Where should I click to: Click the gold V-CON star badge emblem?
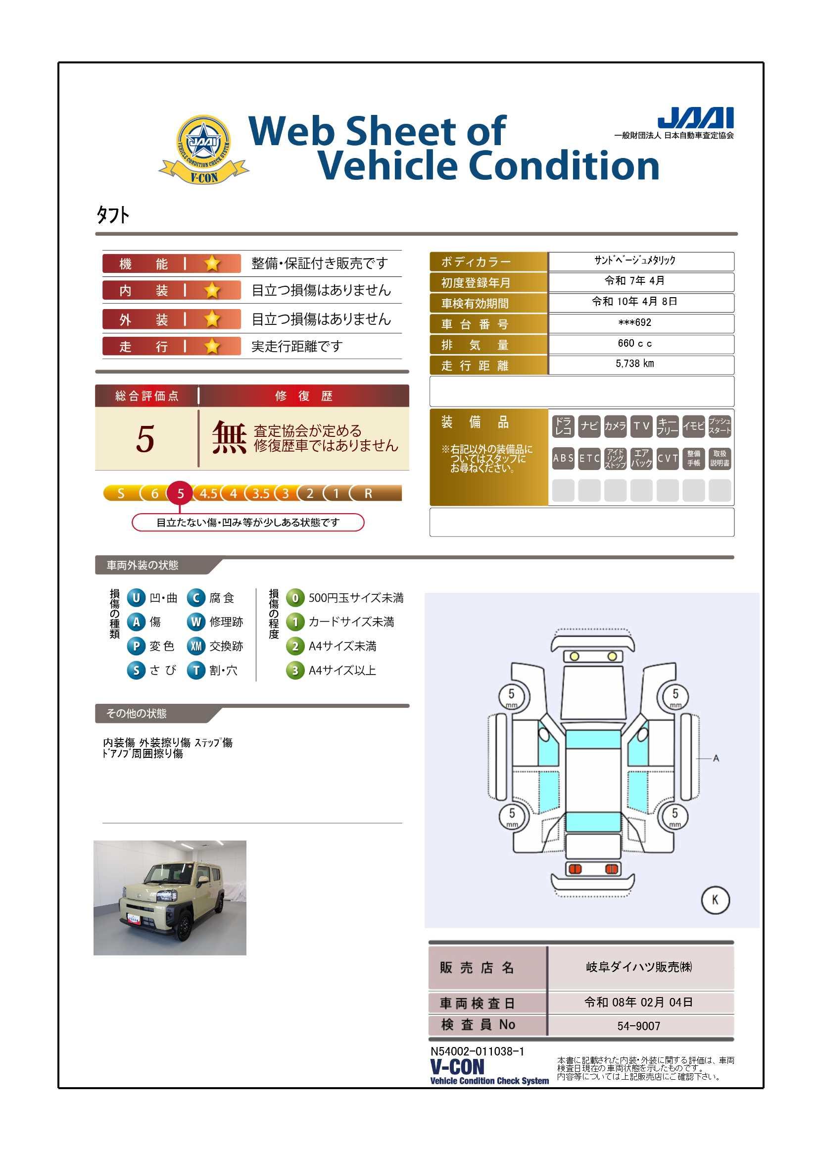pos(203,149)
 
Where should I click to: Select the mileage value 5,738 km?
pos(634,364)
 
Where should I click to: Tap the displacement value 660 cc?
pos(634,343)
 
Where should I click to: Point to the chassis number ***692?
pos(634,323)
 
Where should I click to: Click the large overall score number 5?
pos(145,439)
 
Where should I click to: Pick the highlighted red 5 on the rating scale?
pos(181,493)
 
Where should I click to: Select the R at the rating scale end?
pos(369,494)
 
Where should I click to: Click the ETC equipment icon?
pos(589,459)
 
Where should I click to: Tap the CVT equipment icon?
pos(667,459)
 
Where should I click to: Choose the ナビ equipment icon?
pos(589,426)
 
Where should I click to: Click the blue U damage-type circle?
pos(136,598)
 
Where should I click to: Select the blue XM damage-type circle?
pos(196,646)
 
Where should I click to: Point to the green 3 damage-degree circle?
pos(295,671)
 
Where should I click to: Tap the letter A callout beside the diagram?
pos(716,758)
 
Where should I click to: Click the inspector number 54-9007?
pos(638,1026)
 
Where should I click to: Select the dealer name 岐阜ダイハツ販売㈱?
pos(638,967)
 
